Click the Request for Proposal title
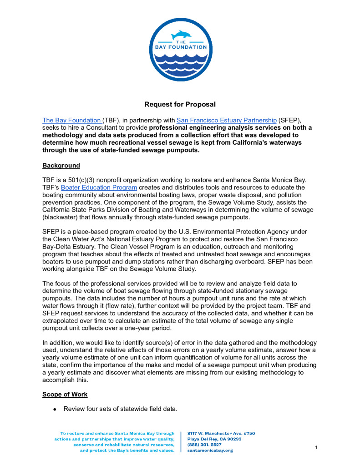(x=180, y=105)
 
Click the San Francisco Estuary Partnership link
(x=226, y=121)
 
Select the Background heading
(x=61, y=166)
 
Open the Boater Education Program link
(x=99, y=187)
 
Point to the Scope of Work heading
(x=65, y=395)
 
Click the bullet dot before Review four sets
(x=54, y=410)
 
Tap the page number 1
(x=316, y=448)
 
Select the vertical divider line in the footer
(x=181, y=442)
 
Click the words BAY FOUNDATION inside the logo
(x=180, y=47)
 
